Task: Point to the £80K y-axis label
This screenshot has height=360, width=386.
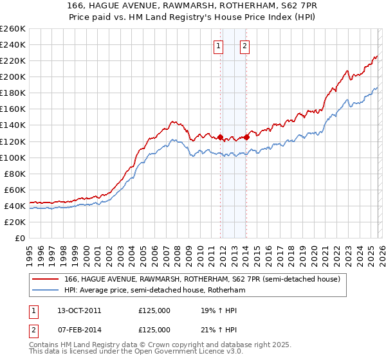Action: click(x=15, y=174)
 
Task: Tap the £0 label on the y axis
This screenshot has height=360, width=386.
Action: click(x=21, y=238)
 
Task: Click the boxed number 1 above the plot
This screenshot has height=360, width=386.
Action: click(x=219, y=46)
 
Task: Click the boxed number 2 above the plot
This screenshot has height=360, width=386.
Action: click(x=245, y=46)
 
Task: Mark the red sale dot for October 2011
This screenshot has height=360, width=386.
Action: click(x=221, y=137)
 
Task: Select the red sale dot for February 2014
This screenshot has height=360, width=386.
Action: click(x=247, y=137)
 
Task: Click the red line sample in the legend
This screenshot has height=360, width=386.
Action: click(x=45, y=279)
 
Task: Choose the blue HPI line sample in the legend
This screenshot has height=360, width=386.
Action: click(x=45, y=291)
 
